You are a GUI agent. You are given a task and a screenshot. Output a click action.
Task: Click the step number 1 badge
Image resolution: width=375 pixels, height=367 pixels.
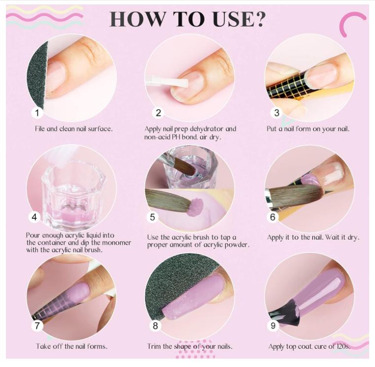37,113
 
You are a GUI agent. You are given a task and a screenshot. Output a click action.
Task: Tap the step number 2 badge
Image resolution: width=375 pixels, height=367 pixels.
158,113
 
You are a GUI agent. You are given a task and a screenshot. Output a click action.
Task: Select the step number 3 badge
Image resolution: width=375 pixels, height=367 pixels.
277,113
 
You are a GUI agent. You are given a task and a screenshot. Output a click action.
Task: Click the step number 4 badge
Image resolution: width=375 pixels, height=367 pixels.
34,216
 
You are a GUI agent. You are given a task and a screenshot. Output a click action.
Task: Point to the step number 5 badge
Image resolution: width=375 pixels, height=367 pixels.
153,216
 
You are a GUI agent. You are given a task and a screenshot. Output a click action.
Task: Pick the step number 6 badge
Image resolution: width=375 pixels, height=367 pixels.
273,216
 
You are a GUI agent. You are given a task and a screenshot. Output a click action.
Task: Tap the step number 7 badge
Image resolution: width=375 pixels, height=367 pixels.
37,325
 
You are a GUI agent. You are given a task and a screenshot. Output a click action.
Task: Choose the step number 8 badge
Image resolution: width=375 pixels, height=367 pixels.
156,325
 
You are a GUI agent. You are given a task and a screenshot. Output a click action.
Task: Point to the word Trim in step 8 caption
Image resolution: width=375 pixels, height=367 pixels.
156,346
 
